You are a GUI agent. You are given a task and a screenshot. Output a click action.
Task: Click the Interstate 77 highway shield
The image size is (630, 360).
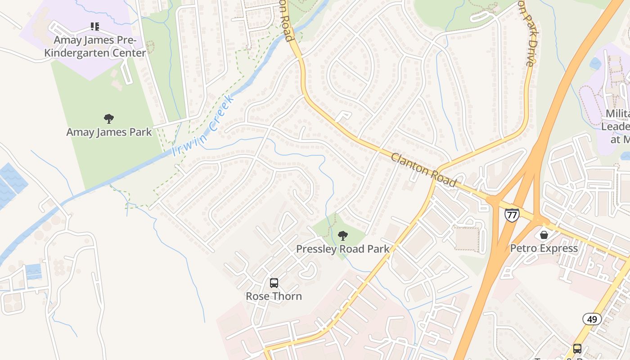click(x=512, y=215)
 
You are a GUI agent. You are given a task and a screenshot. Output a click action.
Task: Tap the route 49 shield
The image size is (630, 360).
click(x=592, y=319)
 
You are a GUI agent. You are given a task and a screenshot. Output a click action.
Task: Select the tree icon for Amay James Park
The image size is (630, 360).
click(x=108, y=119)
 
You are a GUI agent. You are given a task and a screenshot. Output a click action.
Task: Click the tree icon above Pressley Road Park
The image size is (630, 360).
click(x=342, y=235)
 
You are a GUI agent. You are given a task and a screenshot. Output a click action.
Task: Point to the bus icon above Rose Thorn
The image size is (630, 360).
click(x=274, y=283)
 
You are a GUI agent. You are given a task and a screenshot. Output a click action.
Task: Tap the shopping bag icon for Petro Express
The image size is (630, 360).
click(x=544, y=235)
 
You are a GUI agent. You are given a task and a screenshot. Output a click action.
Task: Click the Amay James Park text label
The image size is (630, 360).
click(x=109, y=132)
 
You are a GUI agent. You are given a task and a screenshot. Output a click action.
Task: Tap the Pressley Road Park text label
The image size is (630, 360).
click(x=343, y=249)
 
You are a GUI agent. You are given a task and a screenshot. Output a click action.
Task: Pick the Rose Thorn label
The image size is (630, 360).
click(x=274, y=296)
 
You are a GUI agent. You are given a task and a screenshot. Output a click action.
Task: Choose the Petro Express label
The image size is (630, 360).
click(x=544, y=248)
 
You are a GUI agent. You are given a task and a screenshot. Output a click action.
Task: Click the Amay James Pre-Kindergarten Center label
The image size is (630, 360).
click(x=100, y=46)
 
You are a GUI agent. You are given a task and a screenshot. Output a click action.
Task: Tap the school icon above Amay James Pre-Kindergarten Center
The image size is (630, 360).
click(x=94, y=27)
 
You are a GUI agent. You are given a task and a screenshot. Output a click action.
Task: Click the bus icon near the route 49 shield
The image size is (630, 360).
click(x=577, y=348)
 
